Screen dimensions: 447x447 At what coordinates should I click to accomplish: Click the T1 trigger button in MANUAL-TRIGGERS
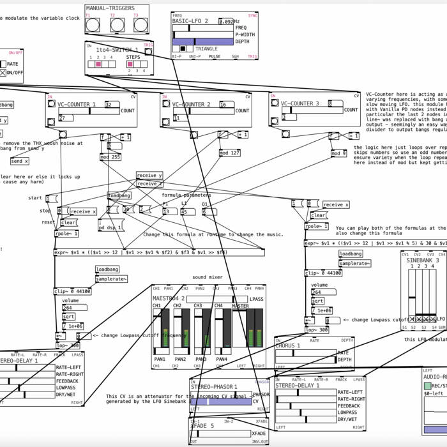[93, 25]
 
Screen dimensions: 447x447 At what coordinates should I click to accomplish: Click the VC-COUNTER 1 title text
[77, 104]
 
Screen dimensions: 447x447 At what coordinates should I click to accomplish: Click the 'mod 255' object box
[110, 156]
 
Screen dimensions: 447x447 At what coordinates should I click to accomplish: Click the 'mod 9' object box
[338, 153]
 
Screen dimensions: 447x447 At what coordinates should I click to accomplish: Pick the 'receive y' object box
[149, 176]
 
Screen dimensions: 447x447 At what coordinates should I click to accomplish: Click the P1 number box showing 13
[169, 211]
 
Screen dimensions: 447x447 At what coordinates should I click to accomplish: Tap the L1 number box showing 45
[188, 211]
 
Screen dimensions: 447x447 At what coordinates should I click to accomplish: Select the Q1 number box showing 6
[208, 211]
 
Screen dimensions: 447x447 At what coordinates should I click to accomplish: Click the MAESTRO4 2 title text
[168, 298]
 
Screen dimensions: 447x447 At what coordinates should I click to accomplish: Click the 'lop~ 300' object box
[317, 330]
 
